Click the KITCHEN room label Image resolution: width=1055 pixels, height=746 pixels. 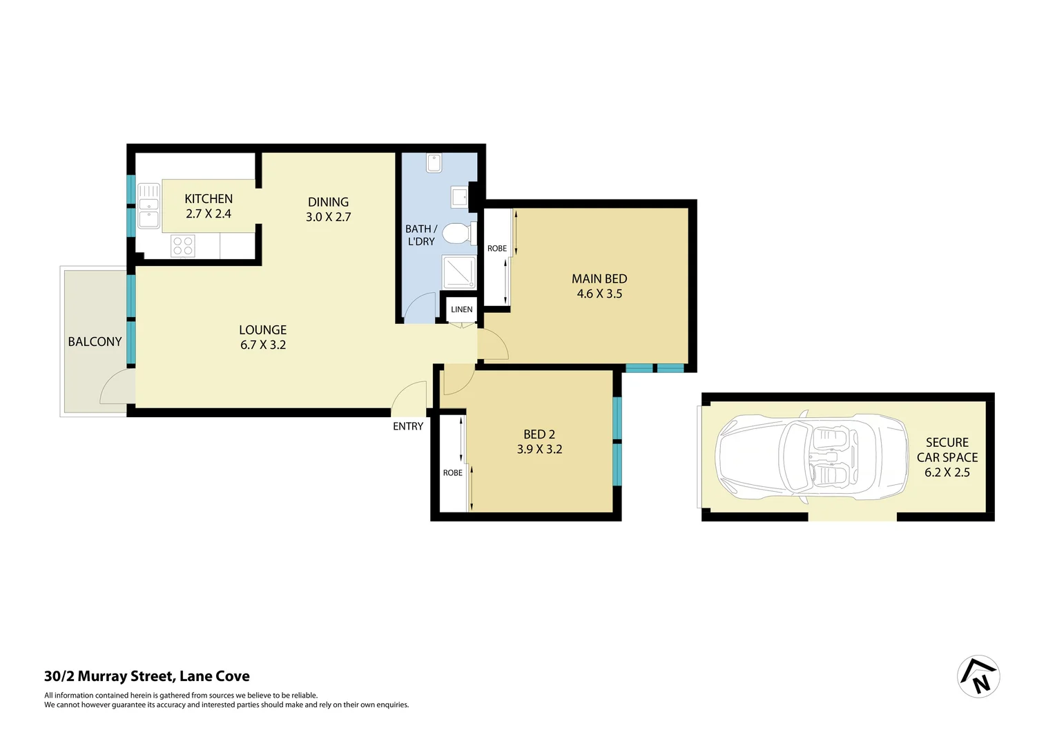209,199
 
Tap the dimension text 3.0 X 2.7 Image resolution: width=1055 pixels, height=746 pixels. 328,217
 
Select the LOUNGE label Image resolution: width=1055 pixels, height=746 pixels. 262,330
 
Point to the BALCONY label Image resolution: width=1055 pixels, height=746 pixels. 95,342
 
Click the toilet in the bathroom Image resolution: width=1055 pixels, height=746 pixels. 457,233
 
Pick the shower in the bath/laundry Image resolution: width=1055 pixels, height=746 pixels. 458,272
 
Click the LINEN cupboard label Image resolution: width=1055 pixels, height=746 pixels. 462,309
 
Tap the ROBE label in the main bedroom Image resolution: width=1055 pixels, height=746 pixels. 497,249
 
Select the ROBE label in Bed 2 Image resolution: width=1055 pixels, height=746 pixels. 453,473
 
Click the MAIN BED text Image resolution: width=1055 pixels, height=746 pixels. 599,279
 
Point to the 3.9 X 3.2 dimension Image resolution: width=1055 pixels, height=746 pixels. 539,450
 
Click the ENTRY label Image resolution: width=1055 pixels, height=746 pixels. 408,427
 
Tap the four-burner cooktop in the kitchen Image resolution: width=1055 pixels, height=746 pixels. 183,246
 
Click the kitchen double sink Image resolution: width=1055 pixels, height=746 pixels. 148,205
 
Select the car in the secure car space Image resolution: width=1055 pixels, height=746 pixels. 811,457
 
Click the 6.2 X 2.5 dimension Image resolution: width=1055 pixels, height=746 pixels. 947,472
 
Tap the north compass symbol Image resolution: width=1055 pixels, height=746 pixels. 978,676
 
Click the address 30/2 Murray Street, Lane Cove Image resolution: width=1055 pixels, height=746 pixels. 147,676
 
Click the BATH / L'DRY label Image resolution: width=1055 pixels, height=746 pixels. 421,235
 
